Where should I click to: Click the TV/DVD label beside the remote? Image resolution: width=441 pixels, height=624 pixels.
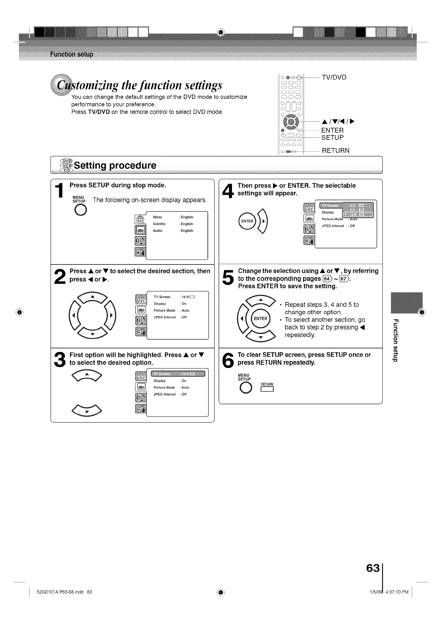tap(334, 78)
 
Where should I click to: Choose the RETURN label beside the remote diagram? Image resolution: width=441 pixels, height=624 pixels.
tap(335, 151)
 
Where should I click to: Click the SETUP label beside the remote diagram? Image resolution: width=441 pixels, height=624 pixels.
tap(332, 138)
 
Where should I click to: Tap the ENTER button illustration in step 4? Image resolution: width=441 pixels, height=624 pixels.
tap(247, 221)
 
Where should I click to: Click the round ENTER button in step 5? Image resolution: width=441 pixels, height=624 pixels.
tap(261, 319)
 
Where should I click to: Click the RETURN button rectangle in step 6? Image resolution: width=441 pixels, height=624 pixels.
tap(267, 389)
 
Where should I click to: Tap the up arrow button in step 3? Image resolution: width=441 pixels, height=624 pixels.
tap(87, 375)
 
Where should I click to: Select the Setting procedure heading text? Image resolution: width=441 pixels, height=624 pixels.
tap(115, 165)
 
